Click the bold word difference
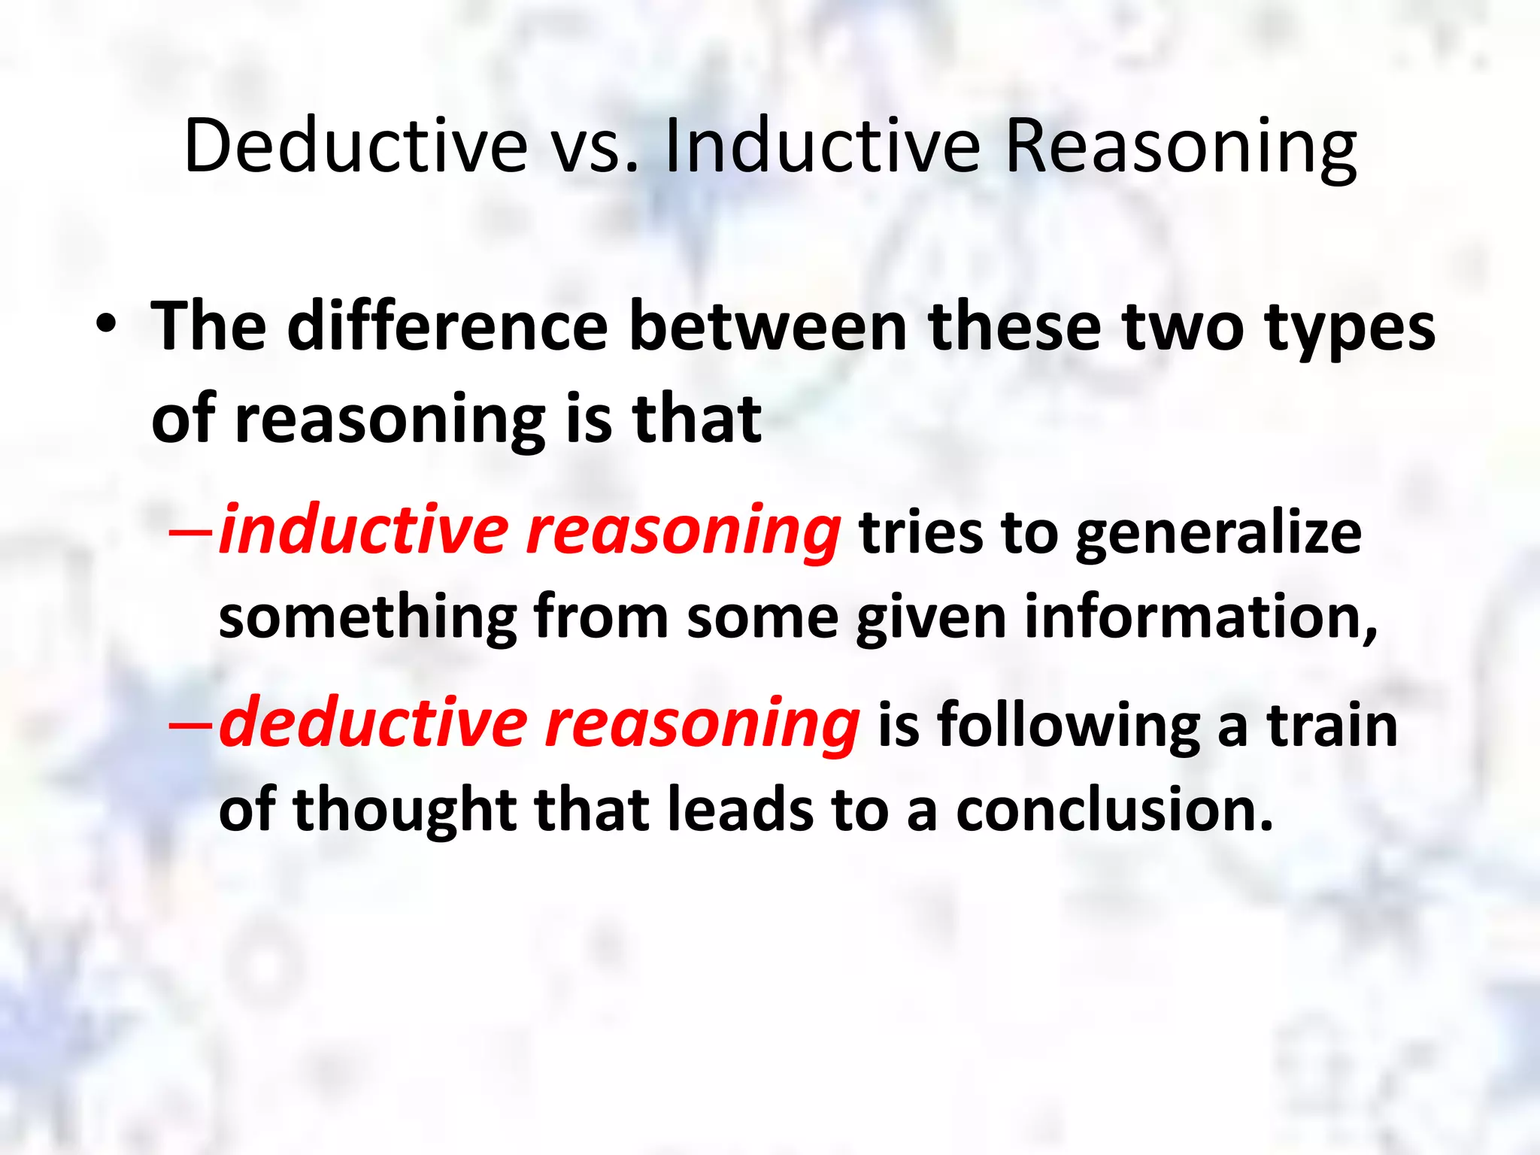pyautogui.click(x=447, y=326)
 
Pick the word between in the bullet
pyautogui.click(x=768, y=326)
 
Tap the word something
pyautogui.click(x=367, y=618)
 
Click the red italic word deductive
pyautogui.click(x=373, y=723)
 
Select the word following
pyautogui.click(x=1069, y=726)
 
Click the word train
pyautogui.click(x=1332, y=725)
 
